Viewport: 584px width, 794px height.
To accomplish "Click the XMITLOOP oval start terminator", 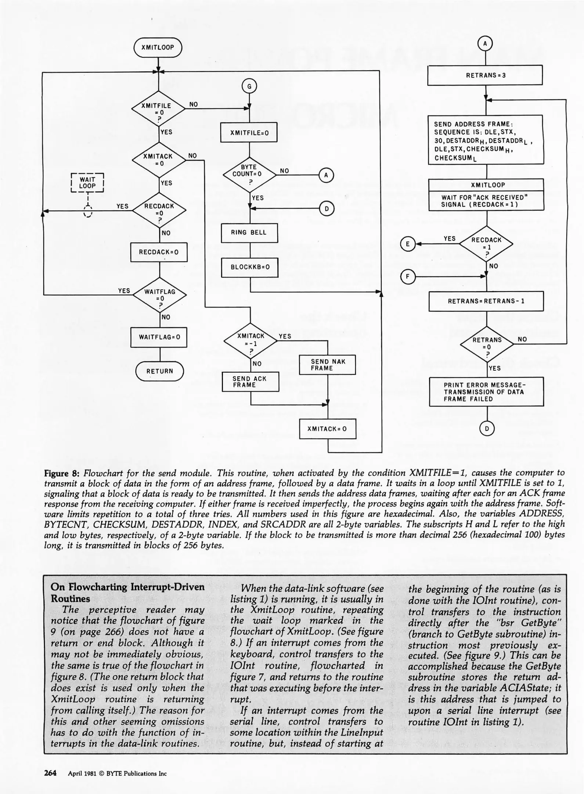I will click(158, 47).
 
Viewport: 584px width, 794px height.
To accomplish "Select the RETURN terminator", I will click(159, 371).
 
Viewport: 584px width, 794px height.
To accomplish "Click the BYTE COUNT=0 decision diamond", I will click(249, 174).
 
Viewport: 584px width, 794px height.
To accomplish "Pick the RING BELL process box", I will click(249, 233).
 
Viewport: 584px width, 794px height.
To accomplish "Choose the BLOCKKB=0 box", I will click(250, 267).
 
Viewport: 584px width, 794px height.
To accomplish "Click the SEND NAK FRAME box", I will click(327, 365).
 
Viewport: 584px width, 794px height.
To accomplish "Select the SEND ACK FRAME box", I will click(250, 382).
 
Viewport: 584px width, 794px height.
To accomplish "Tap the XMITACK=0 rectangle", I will click(327, 429).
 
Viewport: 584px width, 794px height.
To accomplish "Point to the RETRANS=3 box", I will click(485, 75).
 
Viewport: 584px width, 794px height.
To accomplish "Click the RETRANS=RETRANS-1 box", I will click(486, 301).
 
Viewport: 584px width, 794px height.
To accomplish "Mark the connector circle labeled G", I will click(249, 87).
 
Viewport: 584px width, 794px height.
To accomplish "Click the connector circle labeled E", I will click(407, 244).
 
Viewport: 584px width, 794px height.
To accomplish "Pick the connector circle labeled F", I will click(407, 277).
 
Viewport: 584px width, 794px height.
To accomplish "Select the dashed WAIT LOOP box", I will click(87, 183).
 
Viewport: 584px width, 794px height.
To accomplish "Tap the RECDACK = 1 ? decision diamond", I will click(486, 244).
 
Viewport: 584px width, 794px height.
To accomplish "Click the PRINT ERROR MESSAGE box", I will click(486, 392).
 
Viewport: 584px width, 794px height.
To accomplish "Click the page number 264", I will click(50, 773).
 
